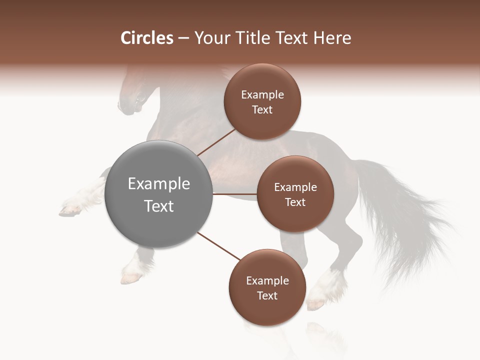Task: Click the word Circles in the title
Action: click(146, 38)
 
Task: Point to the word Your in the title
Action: click(211, 38)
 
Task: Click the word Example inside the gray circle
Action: click(158, 184)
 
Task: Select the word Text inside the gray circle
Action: click(158, 206)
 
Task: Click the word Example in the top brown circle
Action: click(262, 95)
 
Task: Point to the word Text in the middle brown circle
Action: click(295, 202)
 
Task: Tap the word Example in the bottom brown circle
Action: click(267, 281)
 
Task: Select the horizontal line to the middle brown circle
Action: click(234, 193)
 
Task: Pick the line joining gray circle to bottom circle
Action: click(219, 246)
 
